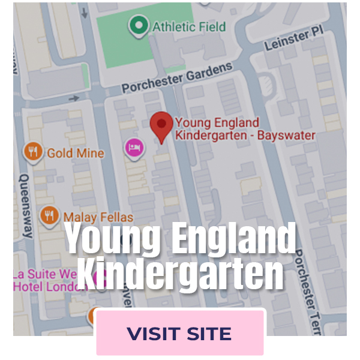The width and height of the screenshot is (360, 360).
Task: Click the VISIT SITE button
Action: tap(180, 333)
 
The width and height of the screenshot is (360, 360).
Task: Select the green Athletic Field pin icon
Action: tap(139, 25)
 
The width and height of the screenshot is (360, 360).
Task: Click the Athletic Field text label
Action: tap(188, 26)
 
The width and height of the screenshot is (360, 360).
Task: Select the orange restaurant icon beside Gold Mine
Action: tap(33, 152)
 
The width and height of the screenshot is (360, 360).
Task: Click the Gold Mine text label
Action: tap(75, 153)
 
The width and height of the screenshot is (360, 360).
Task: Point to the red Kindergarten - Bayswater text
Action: tap(245, 136)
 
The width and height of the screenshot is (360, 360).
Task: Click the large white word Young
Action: tap(113, 239)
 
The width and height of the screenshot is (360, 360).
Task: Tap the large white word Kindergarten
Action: tap(180, 273)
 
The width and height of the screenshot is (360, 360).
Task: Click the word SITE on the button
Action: tap(208, 334)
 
